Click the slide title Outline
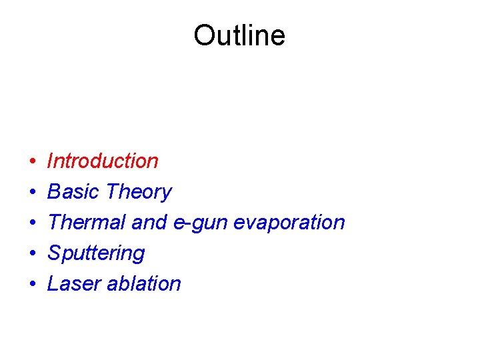pyautogui.click(x=239, y=35)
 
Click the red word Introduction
pyautogui.click(x=103, y=161)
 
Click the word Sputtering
pyautogui.click(x=96, y=253)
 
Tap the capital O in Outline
pyautogui.click(x=203, y=35)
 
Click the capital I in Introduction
pyautogui.click(x=51, y=161)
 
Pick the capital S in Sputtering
pyautogui.click(x=54, y=253)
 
